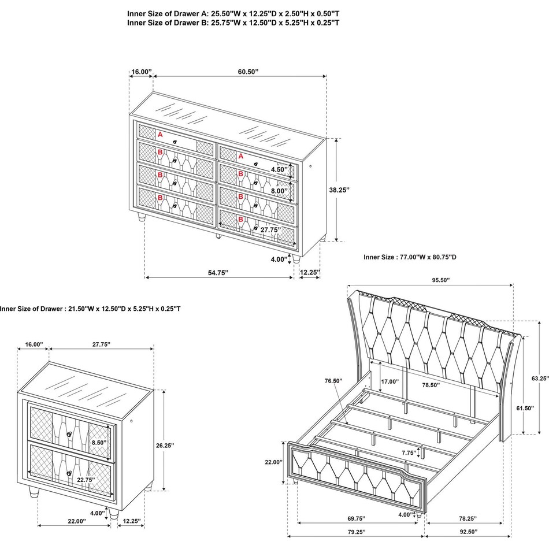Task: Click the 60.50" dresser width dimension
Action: tap(247, 72)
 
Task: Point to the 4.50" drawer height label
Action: tap(279, 169)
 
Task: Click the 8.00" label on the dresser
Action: tap(279, 191)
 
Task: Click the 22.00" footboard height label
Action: tap(273, 462)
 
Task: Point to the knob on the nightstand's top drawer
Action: tap(69, 434)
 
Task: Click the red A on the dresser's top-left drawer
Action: tap(160, 135)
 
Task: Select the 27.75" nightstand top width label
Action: tap(101, 344)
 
